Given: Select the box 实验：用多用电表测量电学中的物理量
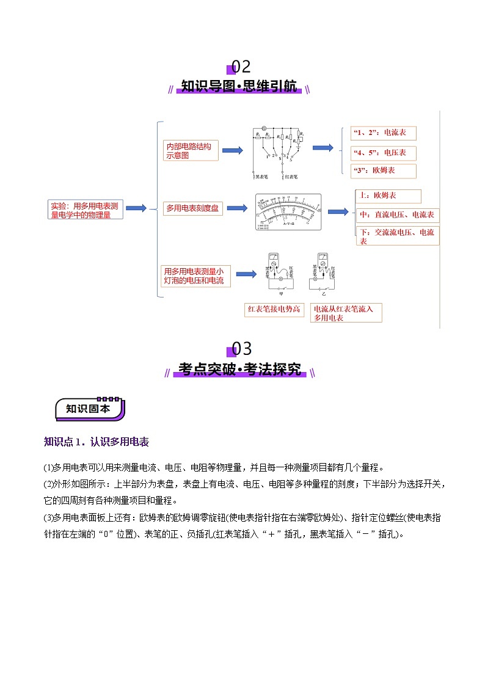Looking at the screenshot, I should [x=86, y=210].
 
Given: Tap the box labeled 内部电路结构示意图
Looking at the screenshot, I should [x=191, y=151].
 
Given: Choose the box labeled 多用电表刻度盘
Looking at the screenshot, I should [x=192, y=208].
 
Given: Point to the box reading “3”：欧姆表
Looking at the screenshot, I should [x=383, y=170].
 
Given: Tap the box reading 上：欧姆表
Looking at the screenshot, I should [x=388, y=196].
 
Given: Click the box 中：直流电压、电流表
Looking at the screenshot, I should [x=397, y=215].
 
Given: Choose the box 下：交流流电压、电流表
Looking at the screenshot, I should [x=397, y=236].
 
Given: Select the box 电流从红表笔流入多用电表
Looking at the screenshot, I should [x=346, y=313].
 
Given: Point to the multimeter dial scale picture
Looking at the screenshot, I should [x=289, y=211].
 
